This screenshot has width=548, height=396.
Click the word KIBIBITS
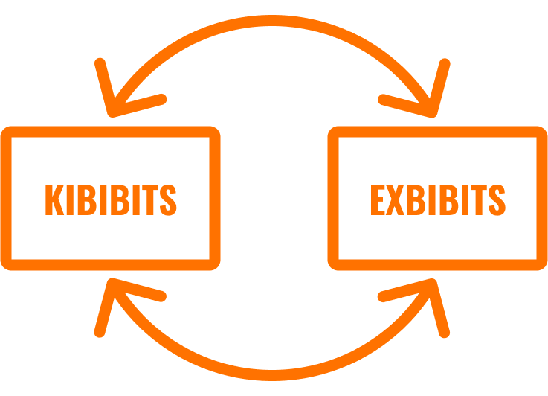111,199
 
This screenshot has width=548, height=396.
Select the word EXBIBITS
438,199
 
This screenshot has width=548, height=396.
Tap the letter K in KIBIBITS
54,199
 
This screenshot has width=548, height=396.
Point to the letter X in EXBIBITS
395,199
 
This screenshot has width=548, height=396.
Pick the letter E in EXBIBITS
378,199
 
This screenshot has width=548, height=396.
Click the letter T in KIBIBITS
150,199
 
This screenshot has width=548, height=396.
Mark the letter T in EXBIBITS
479,199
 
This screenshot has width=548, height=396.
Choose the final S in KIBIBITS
168,199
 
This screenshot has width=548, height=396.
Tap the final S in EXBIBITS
497,199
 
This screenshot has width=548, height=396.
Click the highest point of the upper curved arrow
272,20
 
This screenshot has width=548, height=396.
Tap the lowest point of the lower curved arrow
272,375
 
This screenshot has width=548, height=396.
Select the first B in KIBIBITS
87,199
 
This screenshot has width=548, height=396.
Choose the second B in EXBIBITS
449,199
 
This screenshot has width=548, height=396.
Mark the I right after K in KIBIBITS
70,199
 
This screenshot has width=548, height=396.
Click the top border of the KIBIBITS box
111,132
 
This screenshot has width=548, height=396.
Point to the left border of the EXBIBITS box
333,198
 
